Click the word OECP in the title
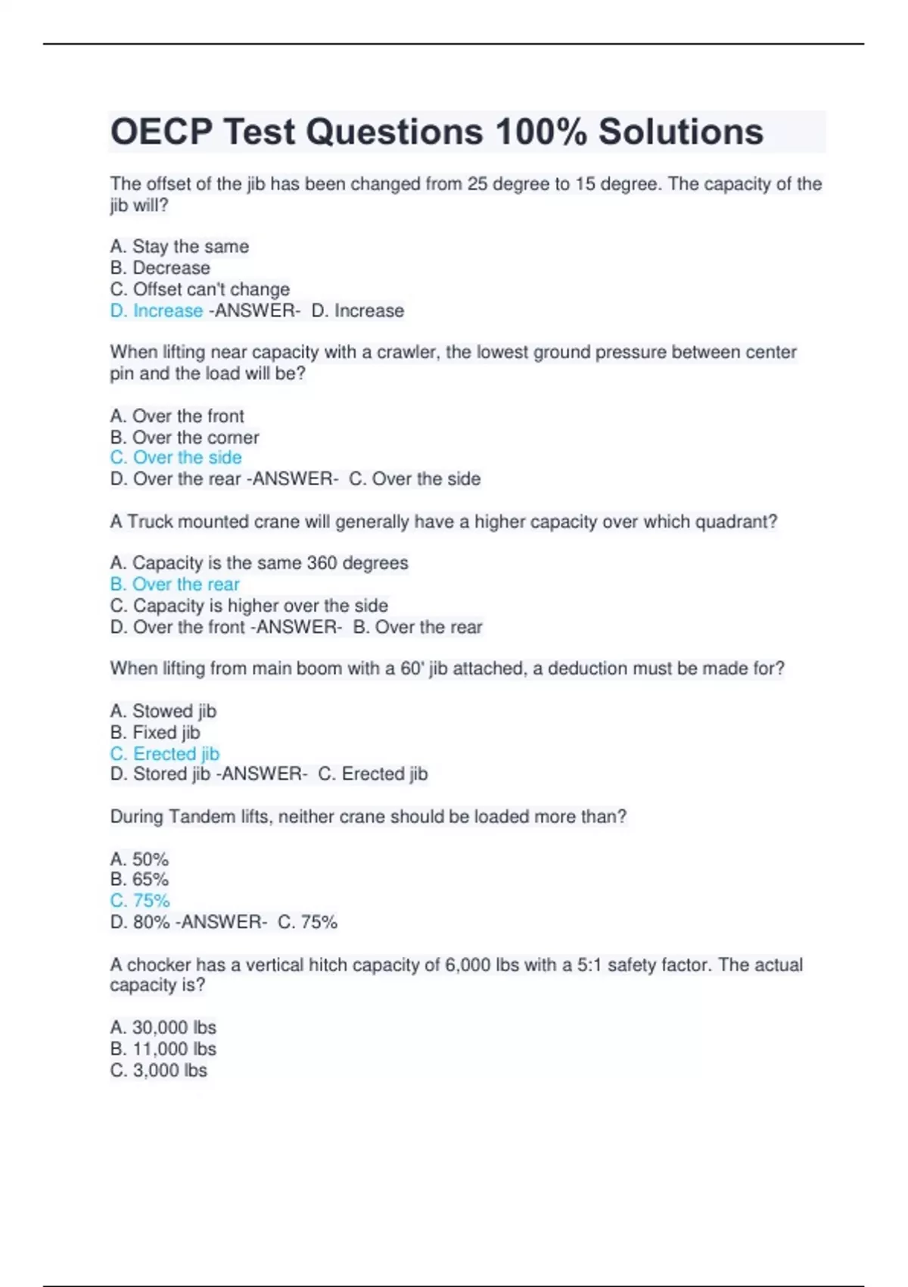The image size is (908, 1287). click(161, 132)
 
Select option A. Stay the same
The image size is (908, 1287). click(179, 247)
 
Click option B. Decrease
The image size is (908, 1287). click(160, 268)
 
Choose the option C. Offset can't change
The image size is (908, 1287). click(200, 289)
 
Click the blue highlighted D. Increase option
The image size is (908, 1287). click(157, 310)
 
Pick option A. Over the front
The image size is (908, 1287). click(177, 416)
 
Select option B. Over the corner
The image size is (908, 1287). click(185, 437)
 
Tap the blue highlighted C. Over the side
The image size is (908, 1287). click(176, 457)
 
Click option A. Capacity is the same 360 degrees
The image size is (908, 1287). click(259, 562)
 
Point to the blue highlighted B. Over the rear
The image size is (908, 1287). click(175, 584)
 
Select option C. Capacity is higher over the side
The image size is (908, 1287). click(249, 606)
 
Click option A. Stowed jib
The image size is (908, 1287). click(163, 711)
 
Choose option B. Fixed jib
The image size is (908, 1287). click(155, 732)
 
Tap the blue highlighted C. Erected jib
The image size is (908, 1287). click(165, 753)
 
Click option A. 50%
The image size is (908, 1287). click(139, 859)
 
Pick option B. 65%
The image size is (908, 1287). click(139, 880)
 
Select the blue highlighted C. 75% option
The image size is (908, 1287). click(140, 901)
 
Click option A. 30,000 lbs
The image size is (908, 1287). click(163, 1027)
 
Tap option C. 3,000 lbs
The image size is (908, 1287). click(159, 1070)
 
